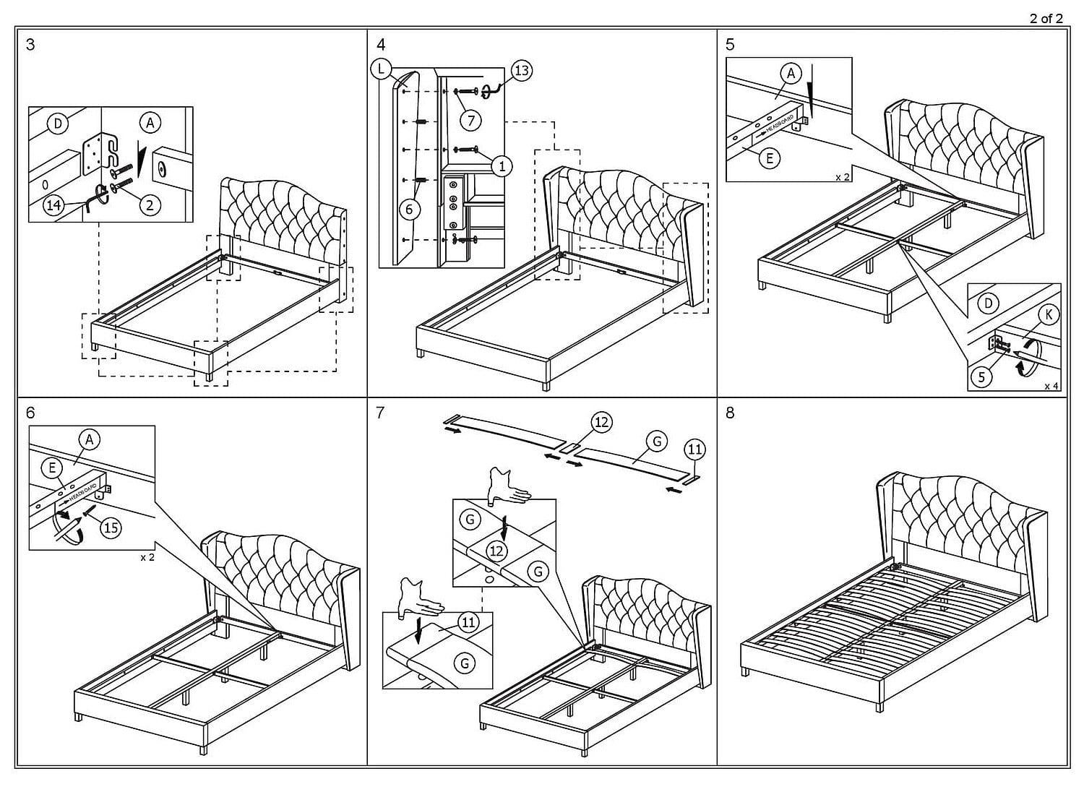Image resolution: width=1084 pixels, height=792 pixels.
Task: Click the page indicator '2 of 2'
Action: click(x=1046, y=19)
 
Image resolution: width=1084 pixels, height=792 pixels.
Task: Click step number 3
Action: click(x=30, y=45)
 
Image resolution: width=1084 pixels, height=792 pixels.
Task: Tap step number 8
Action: click(x=730, y=413)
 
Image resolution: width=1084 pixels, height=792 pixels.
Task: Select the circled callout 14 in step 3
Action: click(x=53, y=205)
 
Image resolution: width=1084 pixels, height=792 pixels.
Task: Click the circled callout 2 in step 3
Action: click(x=150, y=205)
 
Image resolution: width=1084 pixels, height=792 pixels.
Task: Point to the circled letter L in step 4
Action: click(x=380, y=69)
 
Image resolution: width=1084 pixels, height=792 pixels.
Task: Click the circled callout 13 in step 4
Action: click(x=521, y=70)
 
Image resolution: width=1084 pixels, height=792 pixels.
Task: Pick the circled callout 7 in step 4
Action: click(x=470, y=120)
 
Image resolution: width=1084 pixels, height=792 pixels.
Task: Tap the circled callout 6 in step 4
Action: click(x=409, y=210)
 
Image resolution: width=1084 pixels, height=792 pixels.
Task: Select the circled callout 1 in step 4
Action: click(x=502, y=166)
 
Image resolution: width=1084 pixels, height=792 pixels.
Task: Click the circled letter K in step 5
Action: click(x=1048, y=314)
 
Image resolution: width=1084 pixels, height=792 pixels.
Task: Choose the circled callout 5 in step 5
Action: click(x=981, y=376)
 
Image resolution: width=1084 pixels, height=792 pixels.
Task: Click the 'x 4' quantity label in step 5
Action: click(x=1051, y=387)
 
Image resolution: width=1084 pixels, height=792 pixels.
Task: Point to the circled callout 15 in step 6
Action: click(x=111, y=528)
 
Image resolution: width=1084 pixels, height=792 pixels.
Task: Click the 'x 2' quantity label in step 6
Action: click(x=147, y=558)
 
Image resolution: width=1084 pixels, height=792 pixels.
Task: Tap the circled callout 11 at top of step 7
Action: click(x=694, y=449)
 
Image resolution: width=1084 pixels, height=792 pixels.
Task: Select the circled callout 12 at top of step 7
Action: click(x=601, y=422)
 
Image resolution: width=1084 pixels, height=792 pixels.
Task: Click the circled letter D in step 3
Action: click(x=58, y=124)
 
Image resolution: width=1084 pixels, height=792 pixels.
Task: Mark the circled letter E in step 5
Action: click(x=770, y=158)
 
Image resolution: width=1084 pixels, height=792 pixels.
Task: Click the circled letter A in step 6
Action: click(x=89, y=439)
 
